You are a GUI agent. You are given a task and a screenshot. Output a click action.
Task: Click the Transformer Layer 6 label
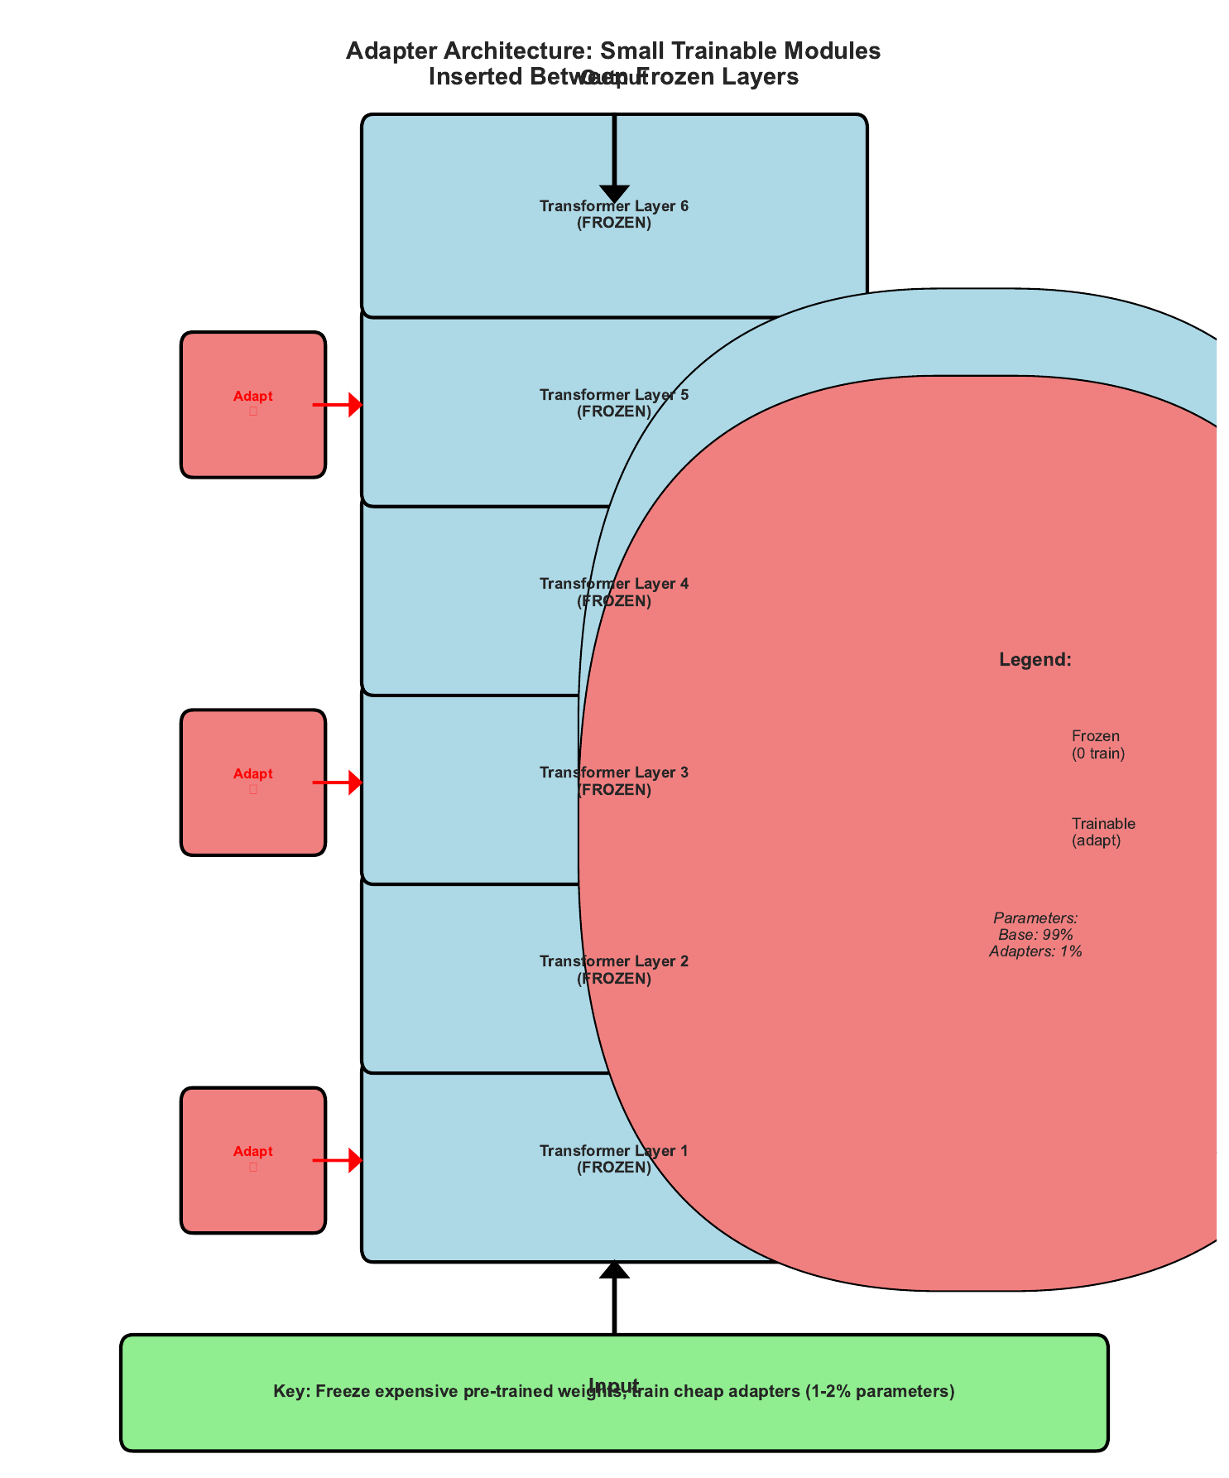[x=613, y=214]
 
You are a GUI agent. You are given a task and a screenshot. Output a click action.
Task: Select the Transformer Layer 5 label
[x=613, y=402]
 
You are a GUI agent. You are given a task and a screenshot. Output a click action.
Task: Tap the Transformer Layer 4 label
[x=613, y=592]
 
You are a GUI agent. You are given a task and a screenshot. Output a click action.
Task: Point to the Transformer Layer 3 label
[x=613, y=781]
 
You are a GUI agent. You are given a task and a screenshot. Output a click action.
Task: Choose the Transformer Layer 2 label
[x=613, y=970]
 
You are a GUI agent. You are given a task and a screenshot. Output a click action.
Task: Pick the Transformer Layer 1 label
[x=613, y=1158]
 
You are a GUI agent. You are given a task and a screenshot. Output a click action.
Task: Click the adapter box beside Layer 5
[x=252, y=404]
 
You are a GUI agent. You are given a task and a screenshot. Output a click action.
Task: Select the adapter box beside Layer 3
[x=252, y=782]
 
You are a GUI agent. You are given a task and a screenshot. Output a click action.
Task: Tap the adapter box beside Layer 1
[x=252, y=1159]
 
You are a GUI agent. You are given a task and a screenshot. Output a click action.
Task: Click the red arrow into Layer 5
[x=338, y=405]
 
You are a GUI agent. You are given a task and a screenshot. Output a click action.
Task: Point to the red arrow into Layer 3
[x=338, y=782]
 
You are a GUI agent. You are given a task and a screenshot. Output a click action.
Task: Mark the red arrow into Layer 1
[x=338, y=1160]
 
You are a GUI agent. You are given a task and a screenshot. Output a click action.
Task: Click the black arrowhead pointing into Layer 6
[x=614, y=193]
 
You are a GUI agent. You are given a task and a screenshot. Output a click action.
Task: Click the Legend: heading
[x=1035, y=660]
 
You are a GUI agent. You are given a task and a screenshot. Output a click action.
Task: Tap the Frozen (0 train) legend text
[x=1097, y=744]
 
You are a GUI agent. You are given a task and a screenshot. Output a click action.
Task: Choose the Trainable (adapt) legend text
[x=1102, y=832]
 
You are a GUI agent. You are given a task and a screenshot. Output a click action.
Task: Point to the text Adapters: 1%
[x=1035, y=951]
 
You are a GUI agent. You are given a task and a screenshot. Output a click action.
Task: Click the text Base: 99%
[x=1035, y=935]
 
